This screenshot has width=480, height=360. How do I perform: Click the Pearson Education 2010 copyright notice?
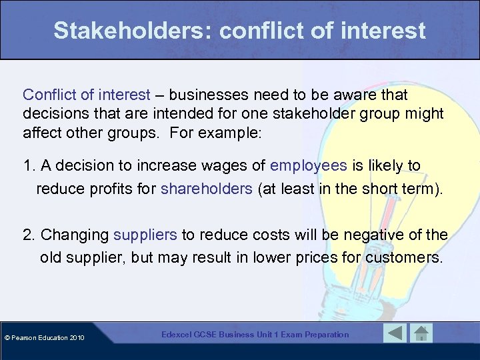(x=43, y=337)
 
